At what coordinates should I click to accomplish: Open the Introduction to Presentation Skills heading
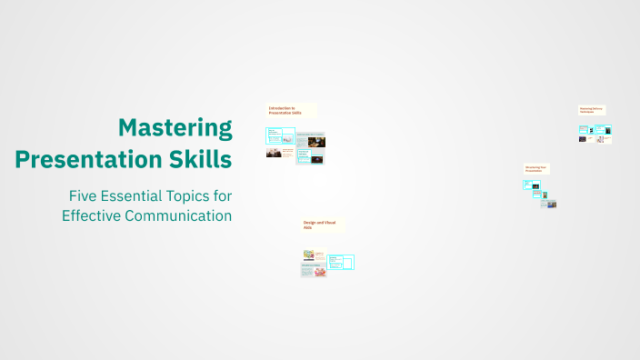tap(290, 110)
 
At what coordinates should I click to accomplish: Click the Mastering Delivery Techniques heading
tap(591, 110)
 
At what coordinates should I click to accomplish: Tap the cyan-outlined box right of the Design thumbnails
tap(341, 262)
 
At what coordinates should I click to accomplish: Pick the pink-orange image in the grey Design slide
tap(320, 271)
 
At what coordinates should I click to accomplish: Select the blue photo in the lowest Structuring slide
tap(552, 205)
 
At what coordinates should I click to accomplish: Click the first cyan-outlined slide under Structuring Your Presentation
tap(532, 185)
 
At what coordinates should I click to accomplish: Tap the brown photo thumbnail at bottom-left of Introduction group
tap(273, 153)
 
